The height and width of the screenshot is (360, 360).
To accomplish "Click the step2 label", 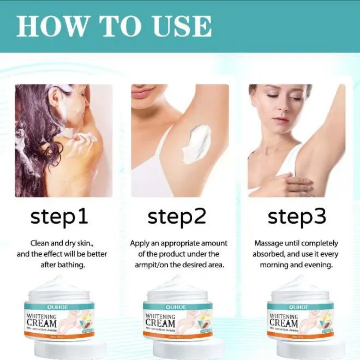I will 177,217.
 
